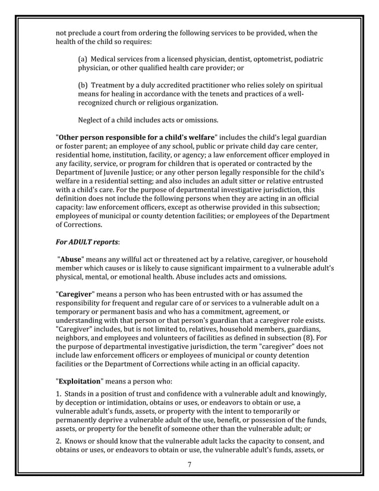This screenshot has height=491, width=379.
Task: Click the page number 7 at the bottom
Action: (189, 464)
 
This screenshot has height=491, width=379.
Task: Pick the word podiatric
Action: (303, 59)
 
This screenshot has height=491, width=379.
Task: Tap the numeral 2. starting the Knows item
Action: (59, 442)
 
